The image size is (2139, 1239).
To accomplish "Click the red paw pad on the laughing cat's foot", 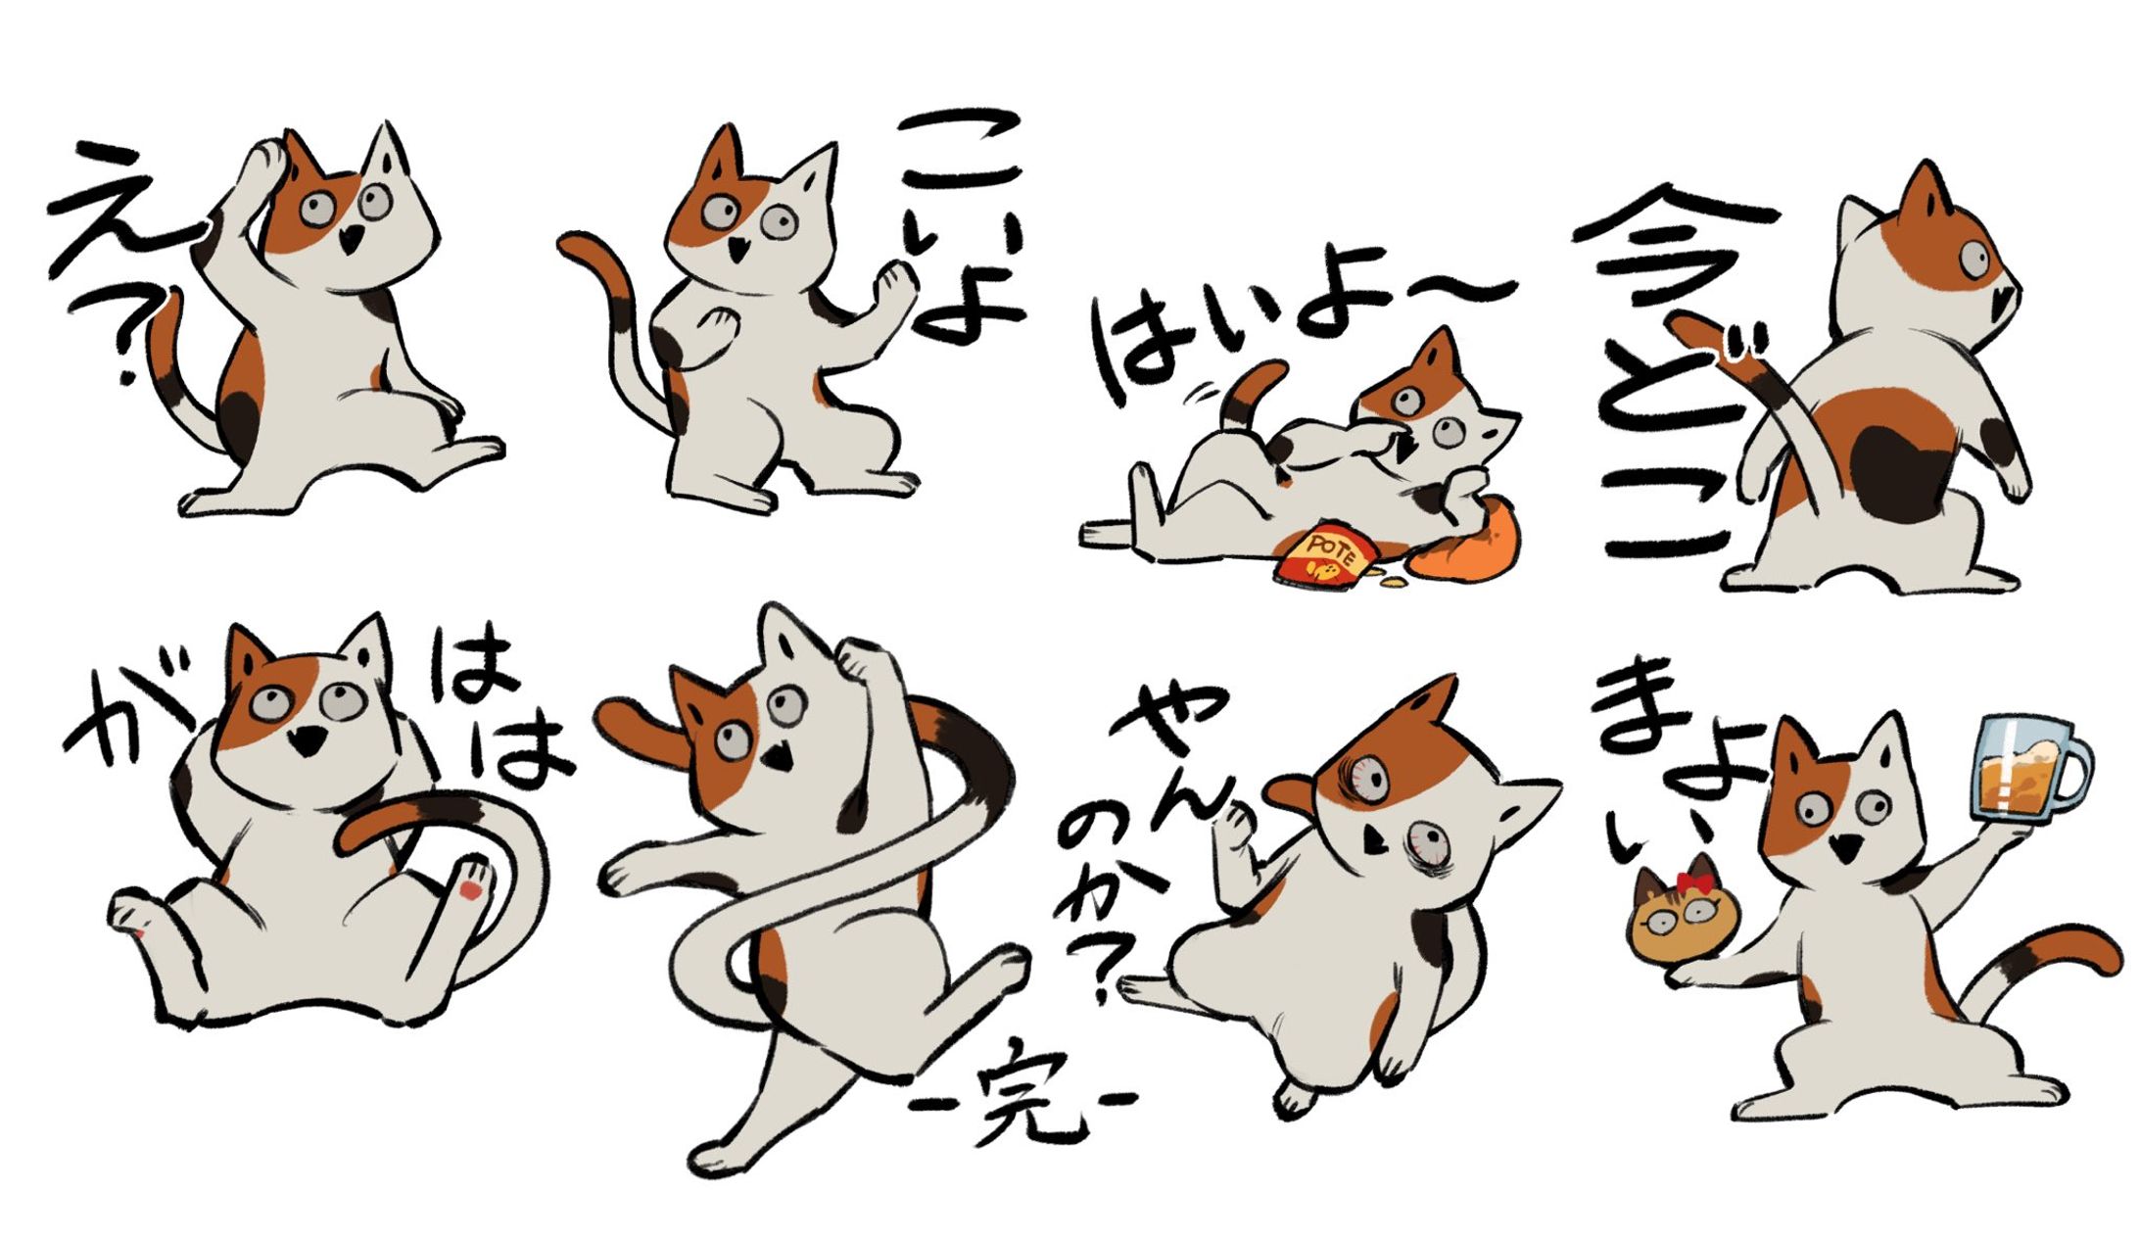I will tap(471, 889).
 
